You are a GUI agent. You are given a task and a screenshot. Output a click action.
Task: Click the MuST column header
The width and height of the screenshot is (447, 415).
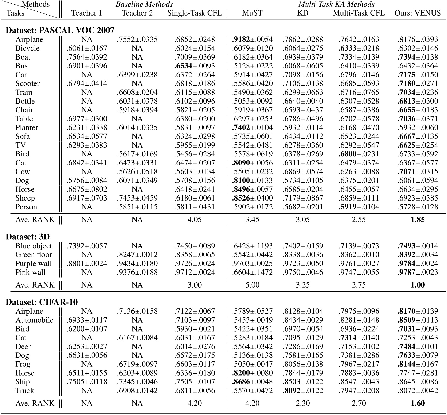click(252, 13)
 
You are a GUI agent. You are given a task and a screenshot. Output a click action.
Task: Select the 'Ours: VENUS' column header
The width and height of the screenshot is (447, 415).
click(418, 13)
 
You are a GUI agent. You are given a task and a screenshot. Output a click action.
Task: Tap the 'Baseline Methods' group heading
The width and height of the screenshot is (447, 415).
click(144, 4)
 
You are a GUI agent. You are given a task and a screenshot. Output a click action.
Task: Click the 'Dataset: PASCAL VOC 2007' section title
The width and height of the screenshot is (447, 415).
click(60, 30)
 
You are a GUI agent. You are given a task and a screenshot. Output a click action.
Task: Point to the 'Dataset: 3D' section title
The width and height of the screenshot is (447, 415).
click(28, 237)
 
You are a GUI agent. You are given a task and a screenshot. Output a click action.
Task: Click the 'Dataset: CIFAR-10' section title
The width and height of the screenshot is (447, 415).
click(42, 302)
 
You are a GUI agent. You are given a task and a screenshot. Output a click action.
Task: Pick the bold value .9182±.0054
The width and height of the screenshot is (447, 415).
click(252, 39)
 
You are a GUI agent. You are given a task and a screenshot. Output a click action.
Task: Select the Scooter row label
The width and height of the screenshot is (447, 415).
click(27, 83)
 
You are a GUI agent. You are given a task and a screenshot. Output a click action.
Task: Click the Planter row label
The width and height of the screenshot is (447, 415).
click(26, 127)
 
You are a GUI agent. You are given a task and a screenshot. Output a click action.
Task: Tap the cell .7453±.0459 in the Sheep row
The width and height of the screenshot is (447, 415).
click(137, 198)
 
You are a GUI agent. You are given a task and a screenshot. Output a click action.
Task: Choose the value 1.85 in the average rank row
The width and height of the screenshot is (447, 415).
click(418, 219)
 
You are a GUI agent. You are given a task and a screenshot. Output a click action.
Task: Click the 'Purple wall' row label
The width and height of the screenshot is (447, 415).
click(33, 263)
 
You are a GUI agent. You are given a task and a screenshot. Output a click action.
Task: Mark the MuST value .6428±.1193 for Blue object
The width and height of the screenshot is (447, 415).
click(252, 246)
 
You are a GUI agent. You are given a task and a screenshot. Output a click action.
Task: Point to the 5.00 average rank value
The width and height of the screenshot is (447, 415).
click(252, 285)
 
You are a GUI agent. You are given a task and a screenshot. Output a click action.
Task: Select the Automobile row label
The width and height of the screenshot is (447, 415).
click(34, 320)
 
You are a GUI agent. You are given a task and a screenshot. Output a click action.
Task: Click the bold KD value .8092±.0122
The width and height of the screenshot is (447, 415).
click(303, 390)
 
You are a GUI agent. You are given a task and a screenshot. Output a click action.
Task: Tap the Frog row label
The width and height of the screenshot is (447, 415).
click(23, 364)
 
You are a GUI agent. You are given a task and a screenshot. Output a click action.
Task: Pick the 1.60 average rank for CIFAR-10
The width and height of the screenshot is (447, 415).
click(418, 403)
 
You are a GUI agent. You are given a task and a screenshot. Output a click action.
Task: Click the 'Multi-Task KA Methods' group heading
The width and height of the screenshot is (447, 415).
click(336, 4)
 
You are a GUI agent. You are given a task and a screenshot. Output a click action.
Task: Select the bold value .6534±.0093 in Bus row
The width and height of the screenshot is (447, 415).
click(195, 66)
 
